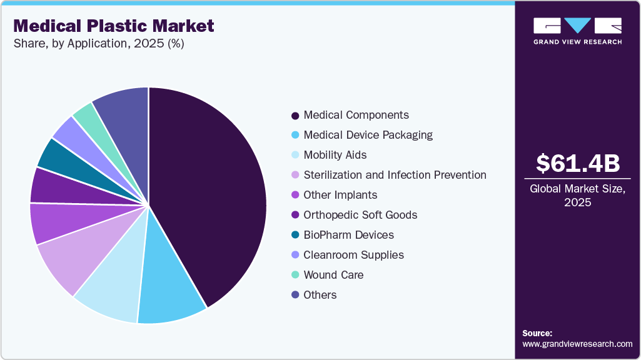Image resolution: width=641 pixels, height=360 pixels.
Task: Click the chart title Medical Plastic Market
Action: coord(113,26)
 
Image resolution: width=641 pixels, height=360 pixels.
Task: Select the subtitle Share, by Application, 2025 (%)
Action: coord(99,44)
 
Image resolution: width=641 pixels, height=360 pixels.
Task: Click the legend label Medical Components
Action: coord(356,115)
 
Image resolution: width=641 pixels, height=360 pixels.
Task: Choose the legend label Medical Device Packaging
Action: coord(368,135)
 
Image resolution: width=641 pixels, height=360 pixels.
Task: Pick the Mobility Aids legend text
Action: coord(335,155)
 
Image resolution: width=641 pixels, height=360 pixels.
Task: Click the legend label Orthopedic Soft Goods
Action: coord(360,215)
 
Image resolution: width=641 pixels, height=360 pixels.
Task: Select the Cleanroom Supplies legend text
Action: coord(353,255)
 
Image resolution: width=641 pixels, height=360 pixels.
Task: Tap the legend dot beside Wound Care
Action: coord(295,276)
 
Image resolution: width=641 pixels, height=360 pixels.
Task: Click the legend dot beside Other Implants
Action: coord(295,196)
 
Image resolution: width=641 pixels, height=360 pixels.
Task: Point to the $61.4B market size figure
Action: coord(578,164)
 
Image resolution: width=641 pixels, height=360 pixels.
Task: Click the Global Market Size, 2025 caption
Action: coord(578,195)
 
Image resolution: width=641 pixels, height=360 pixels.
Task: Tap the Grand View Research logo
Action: coord(577,31)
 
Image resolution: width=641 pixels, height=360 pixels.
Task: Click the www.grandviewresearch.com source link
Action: coord(577,344)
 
